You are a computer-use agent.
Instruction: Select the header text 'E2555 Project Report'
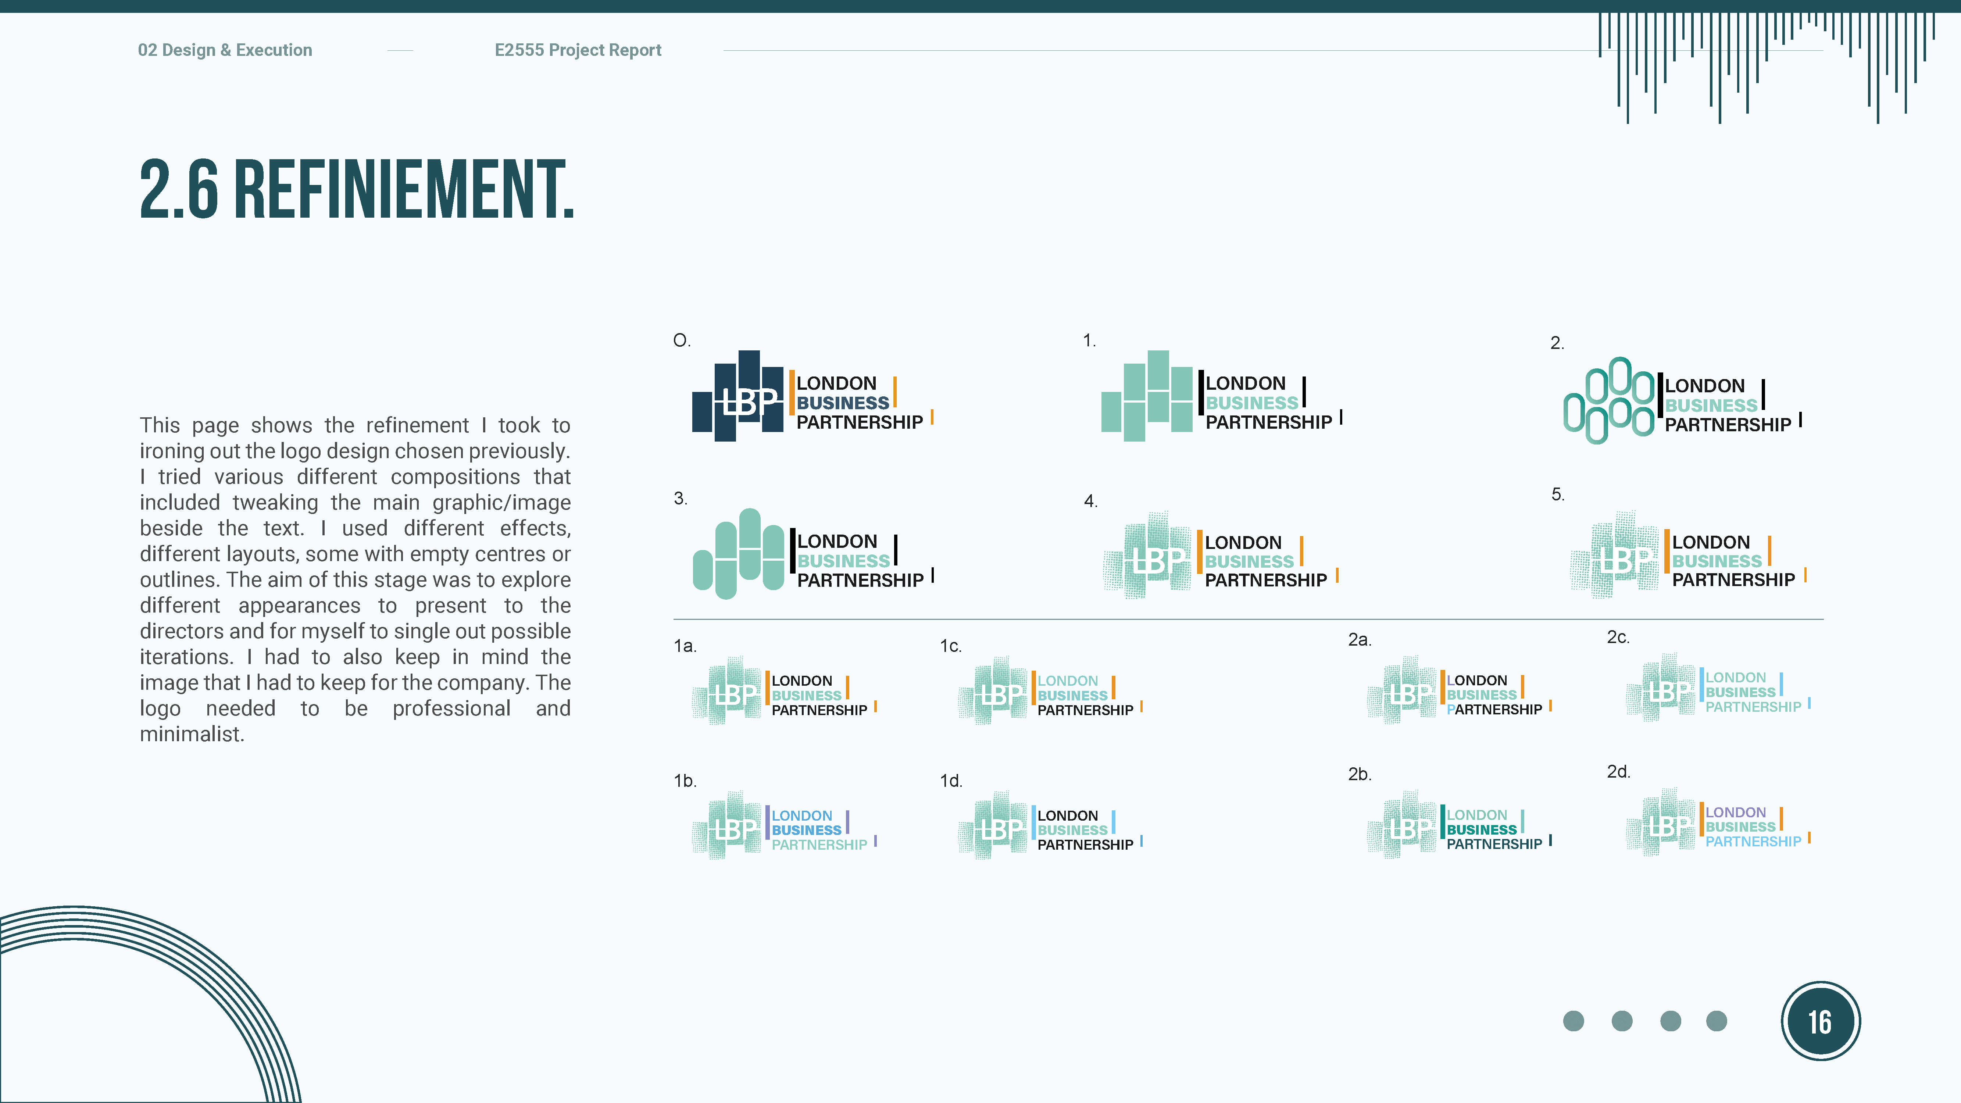tap(578, 50)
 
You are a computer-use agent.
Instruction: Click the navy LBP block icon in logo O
tap(737, 396)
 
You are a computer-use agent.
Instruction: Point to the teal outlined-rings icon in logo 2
tap(1608, 400)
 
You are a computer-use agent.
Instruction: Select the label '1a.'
tap(685, 646)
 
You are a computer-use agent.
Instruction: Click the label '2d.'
tap(1618, 772)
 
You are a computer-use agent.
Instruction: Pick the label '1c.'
tap(950, 646)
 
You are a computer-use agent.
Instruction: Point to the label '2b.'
tap(1360, 774)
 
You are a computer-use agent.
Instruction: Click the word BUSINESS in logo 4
tap(1249, 562)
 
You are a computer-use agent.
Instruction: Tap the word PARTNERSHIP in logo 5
tap(1733, 580)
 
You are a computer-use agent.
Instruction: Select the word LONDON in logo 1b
tap(801, 815)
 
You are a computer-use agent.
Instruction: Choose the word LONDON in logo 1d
tap(1067, 815)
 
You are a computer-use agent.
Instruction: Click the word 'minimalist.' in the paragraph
tap(192, 735)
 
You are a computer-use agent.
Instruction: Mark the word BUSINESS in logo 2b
tap(1481, 830)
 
